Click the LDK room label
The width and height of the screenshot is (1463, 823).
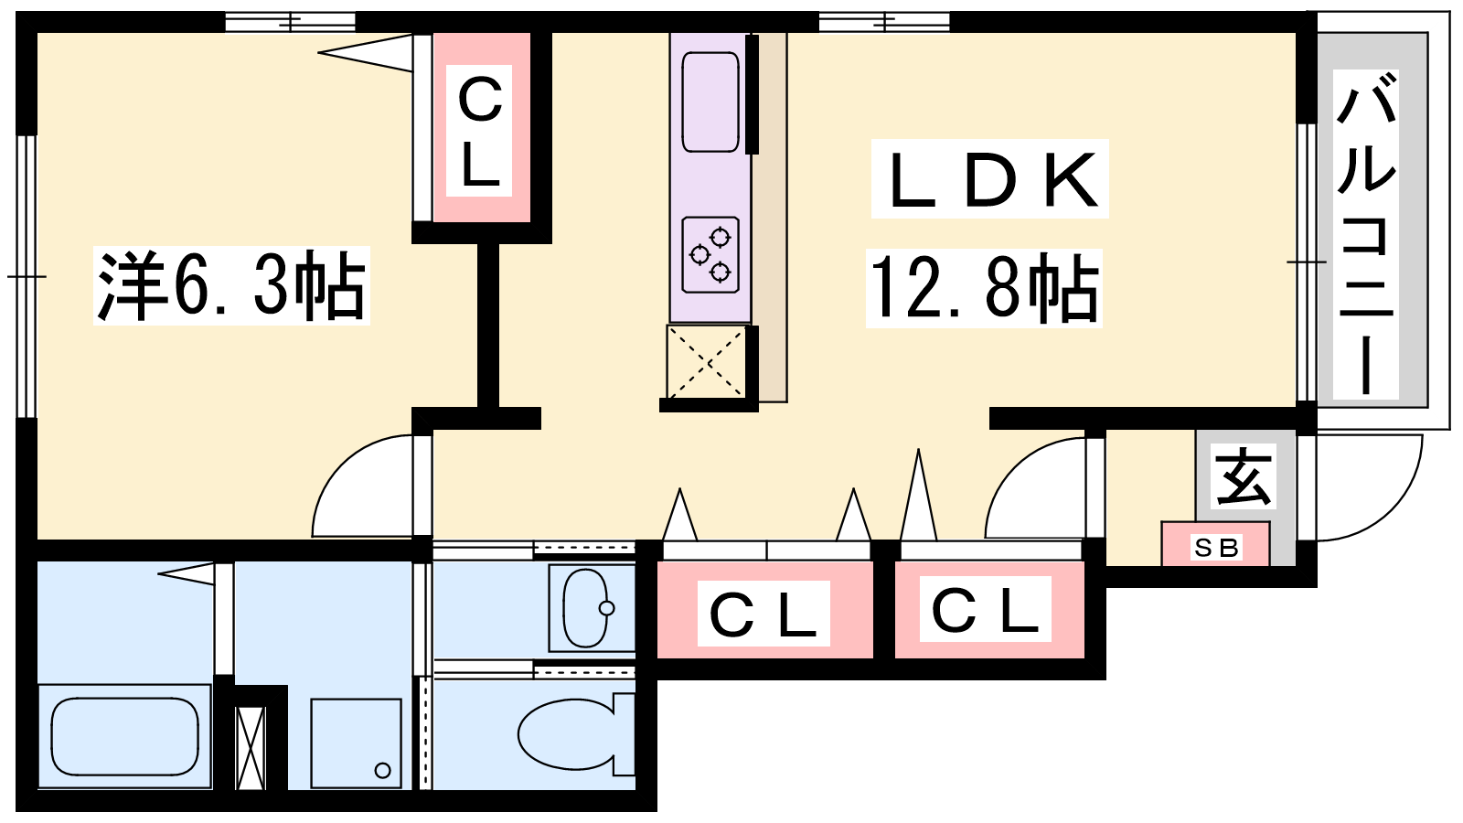pyautogui.click(x=990, y=179)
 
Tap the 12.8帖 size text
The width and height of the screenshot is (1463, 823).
pyautogui.click(x=984, y=288)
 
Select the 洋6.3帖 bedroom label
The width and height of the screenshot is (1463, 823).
pyautogui.click(x=232, y=285)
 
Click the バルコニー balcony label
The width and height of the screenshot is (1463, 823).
pyautogui.click(x=1366, y=234)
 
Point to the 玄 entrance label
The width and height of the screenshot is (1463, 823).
pyautogui.click(x=1244, y=476)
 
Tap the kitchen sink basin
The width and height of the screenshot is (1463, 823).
pyautogui.click(x=710, y=102)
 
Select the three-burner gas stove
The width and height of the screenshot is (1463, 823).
pyautogui.click(x=710, y=255)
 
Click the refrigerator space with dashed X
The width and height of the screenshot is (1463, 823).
pyautogui.click(x=706, y=361)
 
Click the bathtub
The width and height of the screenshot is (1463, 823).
pyautogui.click(x=124, y=737)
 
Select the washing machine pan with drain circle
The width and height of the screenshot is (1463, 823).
pyautogui.click(x=356, y=743)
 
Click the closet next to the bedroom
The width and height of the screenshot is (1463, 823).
pyautogui.click(x=482, y=127)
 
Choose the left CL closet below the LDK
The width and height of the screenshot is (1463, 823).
pyautogui.click(x=764, y=609)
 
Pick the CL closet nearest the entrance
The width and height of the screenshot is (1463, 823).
pyautogui.click(x=989, y=609)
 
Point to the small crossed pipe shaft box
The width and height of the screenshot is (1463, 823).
pyautogui.click(x=251, y=747)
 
